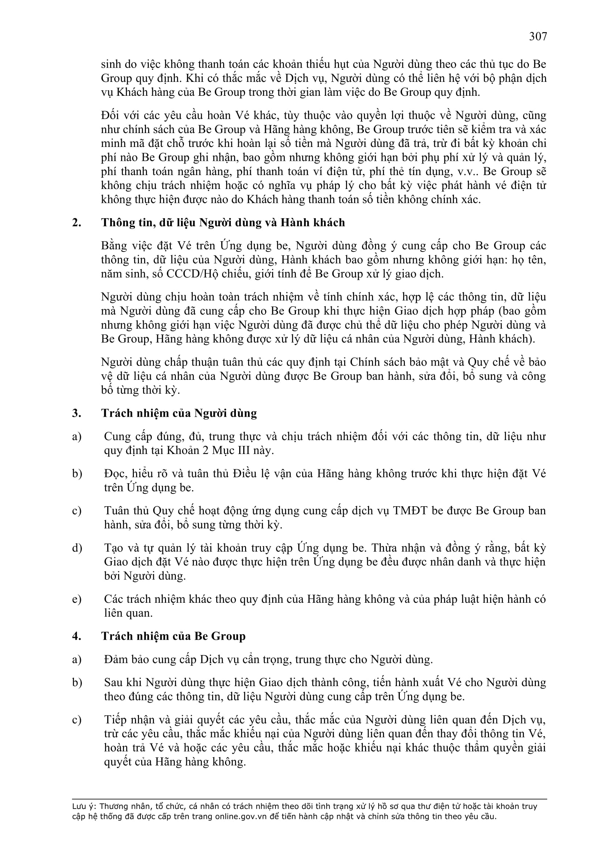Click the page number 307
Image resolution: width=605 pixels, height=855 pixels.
pyautogui.click(x=538, y=37)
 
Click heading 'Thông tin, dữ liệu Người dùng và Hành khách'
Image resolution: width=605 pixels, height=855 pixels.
pyautogui.click(x=223, y=223)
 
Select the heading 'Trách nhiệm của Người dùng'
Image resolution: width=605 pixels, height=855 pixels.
pyautogui.click(x=179, y=413)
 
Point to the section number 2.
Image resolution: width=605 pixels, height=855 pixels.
pyautogui.click(x=76, y=223)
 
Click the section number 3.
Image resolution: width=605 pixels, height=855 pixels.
pyautogui.click(x=76, y=413)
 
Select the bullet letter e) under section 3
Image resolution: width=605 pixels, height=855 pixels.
pyautogui.click(x=77, y=599)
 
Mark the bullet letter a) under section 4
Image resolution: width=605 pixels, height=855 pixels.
pyautogui.click(x=77, y=659)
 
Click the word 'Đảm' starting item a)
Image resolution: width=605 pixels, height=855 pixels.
pyautogui.click(x=113, y=659)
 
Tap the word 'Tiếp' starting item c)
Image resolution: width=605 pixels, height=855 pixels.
pyautogui.click(x=114, y=720)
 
